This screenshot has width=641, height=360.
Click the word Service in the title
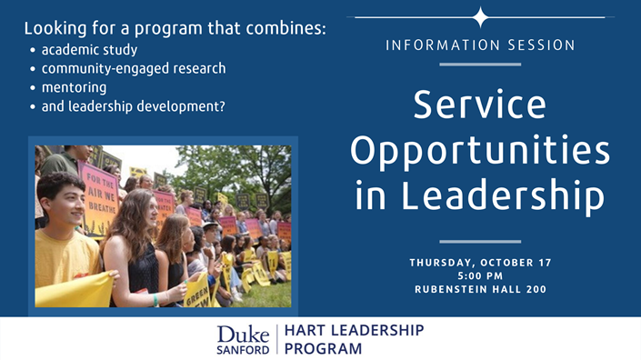(x=480, y=106)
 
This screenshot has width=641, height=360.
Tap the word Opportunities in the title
(x=480, y=152)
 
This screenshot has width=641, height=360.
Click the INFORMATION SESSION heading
(x=480, y=45)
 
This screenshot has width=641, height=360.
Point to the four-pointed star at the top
(x=480, y=17)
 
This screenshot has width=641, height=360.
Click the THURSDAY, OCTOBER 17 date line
(x=480, y=263)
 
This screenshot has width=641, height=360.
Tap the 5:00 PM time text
(x=480, y=276)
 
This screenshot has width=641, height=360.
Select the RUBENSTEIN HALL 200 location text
(x=480, y=290)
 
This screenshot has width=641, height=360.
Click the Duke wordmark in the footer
(x=244, y=332)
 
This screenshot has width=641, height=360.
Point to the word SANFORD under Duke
(x=244, y=348)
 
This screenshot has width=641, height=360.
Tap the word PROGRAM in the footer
(x=324, y=348)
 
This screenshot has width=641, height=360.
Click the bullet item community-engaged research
(x=133, y=68)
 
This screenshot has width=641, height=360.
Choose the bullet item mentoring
(x=74, y=87)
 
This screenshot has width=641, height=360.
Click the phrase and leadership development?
(x=133, y=106)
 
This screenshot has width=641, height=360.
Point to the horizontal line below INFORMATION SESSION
(x=480, y=65)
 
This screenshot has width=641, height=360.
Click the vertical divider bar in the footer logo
(x=277, y=339)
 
